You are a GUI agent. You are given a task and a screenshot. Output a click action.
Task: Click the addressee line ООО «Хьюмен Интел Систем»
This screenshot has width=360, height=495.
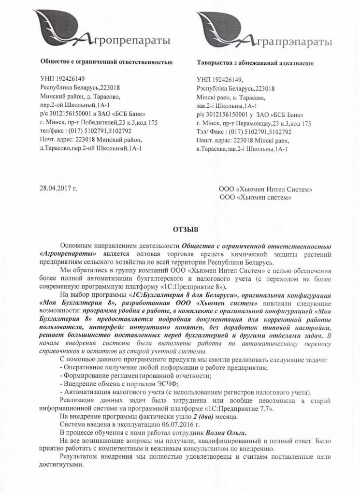point(266,189)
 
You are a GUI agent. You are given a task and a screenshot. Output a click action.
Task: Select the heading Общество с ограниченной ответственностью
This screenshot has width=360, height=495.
point(106,62)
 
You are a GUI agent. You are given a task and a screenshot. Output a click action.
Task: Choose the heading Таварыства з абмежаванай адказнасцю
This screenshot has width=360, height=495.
point(256,63)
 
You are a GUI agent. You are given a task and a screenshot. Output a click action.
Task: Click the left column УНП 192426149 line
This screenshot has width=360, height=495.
point(64,79)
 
